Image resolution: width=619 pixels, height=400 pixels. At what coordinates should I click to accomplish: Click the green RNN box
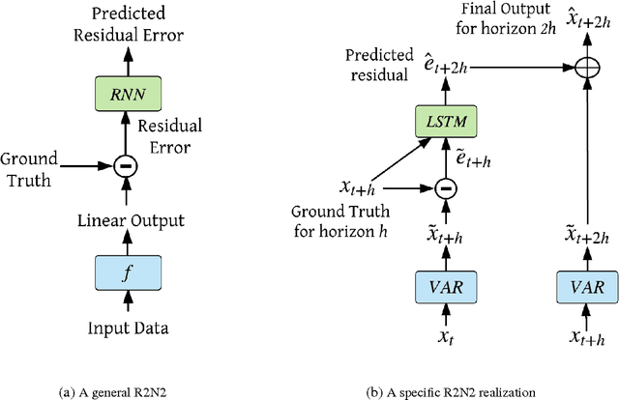click(125, 94)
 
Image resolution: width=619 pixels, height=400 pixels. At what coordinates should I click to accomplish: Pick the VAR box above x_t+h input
click(587, 286)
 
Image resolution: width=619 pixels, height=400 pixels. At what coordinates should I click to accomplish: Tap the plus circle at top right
click(587, 69)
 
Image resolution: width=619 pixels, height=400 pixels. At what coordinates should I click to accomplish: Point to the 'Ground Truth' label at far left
click(30, 167)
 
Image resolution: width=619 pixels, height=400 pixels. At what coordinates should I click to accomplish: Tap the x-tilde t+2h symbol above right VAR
click(587, 239)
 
